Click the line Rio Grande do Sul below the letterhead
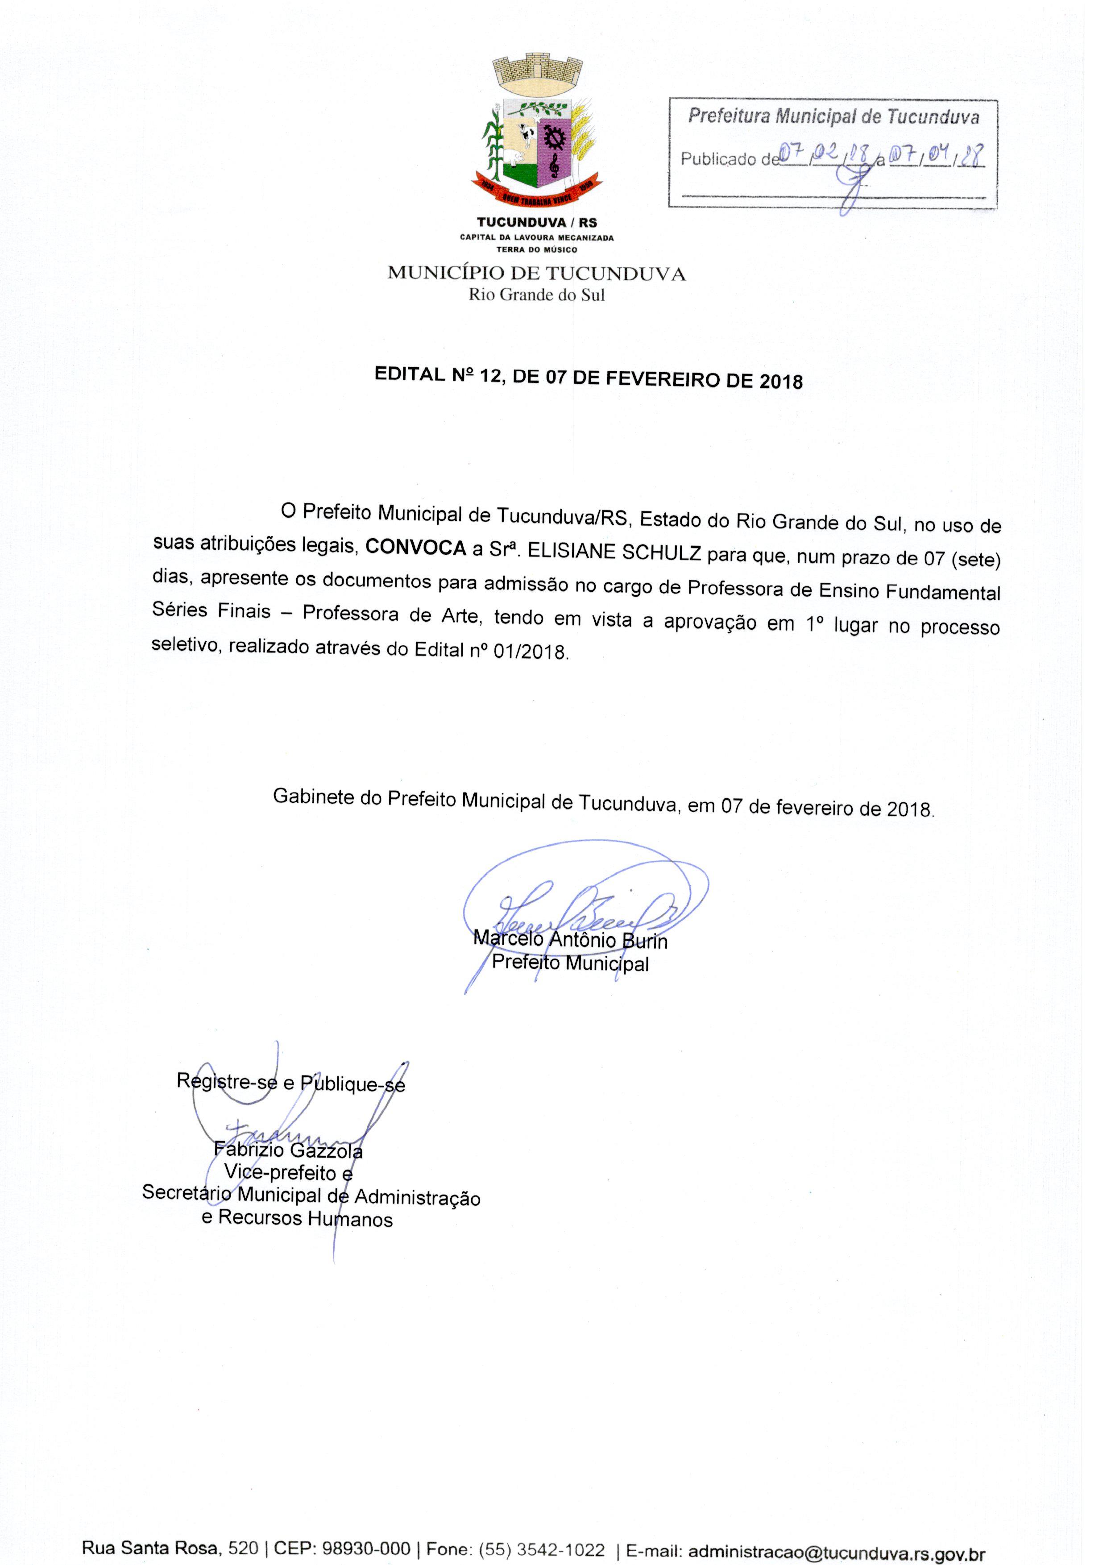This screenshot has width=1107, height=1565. coord(536,295)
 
